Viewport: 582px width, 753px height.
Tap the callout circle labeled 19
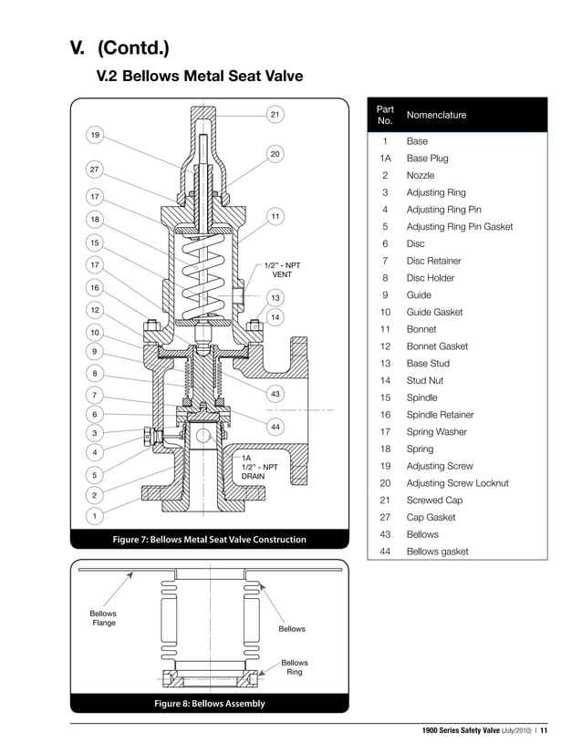[94, 134]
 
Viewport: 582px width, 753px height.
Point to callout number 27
[94, 170]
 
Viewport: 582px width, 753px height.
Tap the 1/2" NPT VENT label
[283, 270]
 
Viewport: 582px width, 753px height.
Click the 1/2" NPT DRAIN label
[258, 467]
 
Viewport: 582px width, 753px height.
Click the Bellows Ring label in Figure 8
[294, 667]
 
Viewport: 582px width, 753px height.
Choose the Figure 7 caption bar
[209, 540]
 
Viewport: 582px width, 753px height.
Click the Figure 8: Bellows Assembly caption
[209, 703]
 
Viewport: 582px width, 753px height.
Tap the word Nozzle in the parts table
[421, 175]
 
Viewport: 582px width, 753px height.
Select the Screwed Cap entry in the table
[434, 500]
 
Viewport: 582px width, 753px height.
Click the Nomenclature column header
[436, 115]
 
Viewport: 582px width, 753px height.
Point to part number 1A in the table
[385, 159]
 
